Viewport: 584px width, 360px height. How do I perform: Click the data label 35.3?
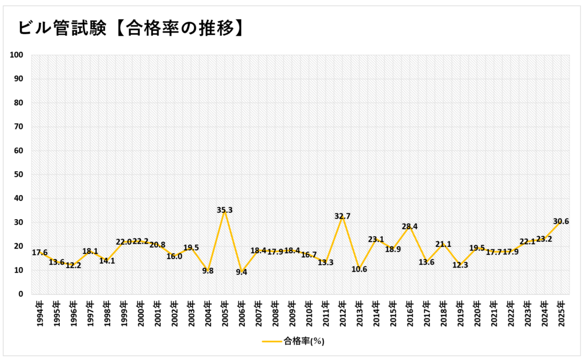pos(225,210)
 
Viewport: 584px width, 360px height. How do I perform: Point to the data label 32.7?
pos(343,216)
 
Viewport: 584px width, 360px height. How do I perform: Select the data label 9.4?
pos(241,272)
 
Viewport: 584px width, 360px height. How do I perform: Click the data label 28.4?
pos(409,226)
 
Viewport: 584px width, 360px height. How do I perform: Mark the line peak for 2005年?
pos(225,210)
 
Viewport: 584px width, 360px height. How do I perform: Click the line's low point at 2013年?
pos(359,269)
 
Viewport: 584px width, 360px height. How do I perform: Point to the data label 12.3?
pos(460,265)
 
